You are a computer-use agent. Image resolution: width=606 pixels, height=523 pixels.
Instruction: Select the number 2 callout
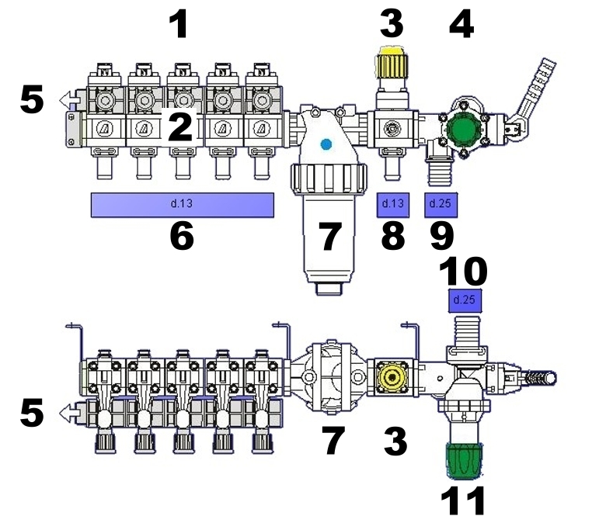[x=180, y=127]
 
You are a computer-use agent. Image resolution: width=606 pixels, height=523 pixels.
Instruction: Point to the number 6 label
[x=181, y=236]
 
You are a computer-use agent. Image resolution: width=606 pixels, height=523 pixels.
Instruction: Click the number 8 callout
[x=392, y=236]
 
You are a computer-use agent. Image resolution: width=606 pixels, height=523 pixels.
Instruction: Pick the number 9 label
[x=441, y=236]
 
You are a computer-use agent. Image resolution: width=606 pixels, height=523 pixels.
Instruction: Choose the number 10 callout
[x=464, y=272]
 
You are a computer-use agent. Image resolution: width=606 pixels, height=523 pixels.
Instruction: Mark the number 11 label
[x=464, y=500]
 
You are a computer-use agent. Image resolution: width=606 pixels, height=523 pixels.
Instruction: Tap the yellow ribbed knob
[x=390, y=63]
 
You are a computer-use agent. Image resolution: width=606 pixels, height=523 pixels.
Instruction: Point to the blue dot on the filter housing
[x=326, y=144]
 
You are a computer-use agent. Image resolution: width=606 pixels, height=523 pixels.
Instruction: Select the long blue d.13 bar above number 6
[x=183, y=204]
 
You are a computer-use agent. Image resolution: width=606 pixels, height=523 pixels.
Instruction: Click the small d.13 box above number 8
[x=392, y=204]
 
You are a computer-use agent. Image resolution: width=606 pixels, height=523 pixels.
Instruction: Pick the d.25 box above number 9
[x=442, y=204]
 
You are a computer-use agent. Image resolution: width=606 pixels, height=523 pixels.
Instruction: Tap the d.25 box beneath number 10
[x=464, y=299]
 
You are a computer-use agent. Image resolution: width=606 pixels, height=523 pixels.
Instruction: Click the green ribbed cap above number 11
[x=464, y=461]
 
